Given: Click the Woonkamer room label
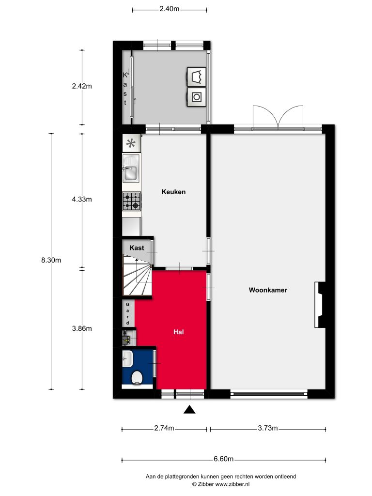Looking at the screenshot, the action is click(268, 290).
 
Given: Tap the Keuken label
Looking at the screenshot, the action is click(173, 192).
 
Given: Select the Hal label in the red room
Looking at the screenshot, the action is click(178, 332).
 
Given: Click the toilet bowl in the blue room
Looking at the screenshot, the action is click(137, 378).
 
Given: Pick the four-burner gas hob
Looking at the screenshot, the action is click(132, 201).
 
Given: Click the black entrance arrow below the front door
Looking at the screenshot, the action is click(189, 409).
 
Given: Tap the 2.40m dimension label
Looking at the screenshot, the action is click(169, 9).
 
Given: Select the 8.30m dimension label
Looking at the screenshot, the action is click(51, 260).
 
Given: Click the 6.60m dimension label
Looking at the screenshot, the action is click(223, 459).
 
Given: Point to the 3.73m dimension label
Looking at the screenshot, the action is click(267, 428).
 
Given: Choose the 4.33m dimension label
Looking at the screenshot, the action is click(82, 199).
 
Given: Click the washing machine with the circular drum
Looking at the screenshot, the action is click(197, 97).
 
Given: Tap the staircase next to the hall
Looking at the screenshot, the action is click(137, 276).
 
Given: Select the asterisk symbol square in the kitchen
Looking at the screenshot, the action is click(131, 143).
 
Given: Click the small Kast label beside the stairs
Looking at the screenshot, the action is click(137, 248).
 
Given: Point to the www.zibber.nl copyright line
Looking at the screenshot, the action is click(221, 484).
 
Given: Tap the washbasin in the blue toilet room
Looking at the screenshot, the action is click(127, 359).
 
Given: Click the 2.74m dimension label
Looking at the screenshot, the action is click(164, 428).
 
